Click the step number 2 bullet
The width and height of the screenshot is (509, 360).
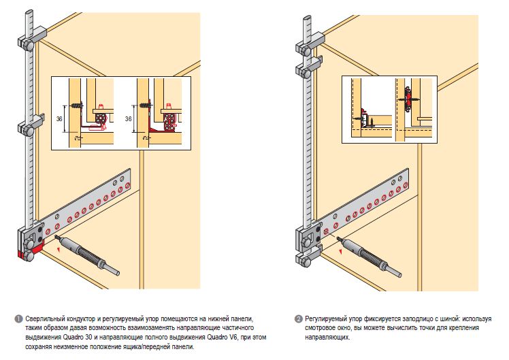pyautogui.click(x=299, y=318)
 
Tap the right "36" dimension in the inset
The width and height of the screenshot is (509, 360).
pyautogui.click(x=129, y=118)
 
